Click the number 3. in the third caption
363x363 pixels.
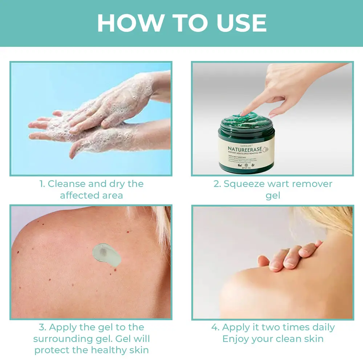pos(42,327)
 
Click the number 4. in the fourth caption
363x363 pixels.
pos(216,327)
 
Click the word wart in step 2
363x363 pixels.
pos(280,184)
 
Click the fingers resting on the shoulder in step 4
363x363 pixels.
pos(290,254)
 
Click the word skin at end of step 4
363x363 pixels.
pos(312,339)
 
